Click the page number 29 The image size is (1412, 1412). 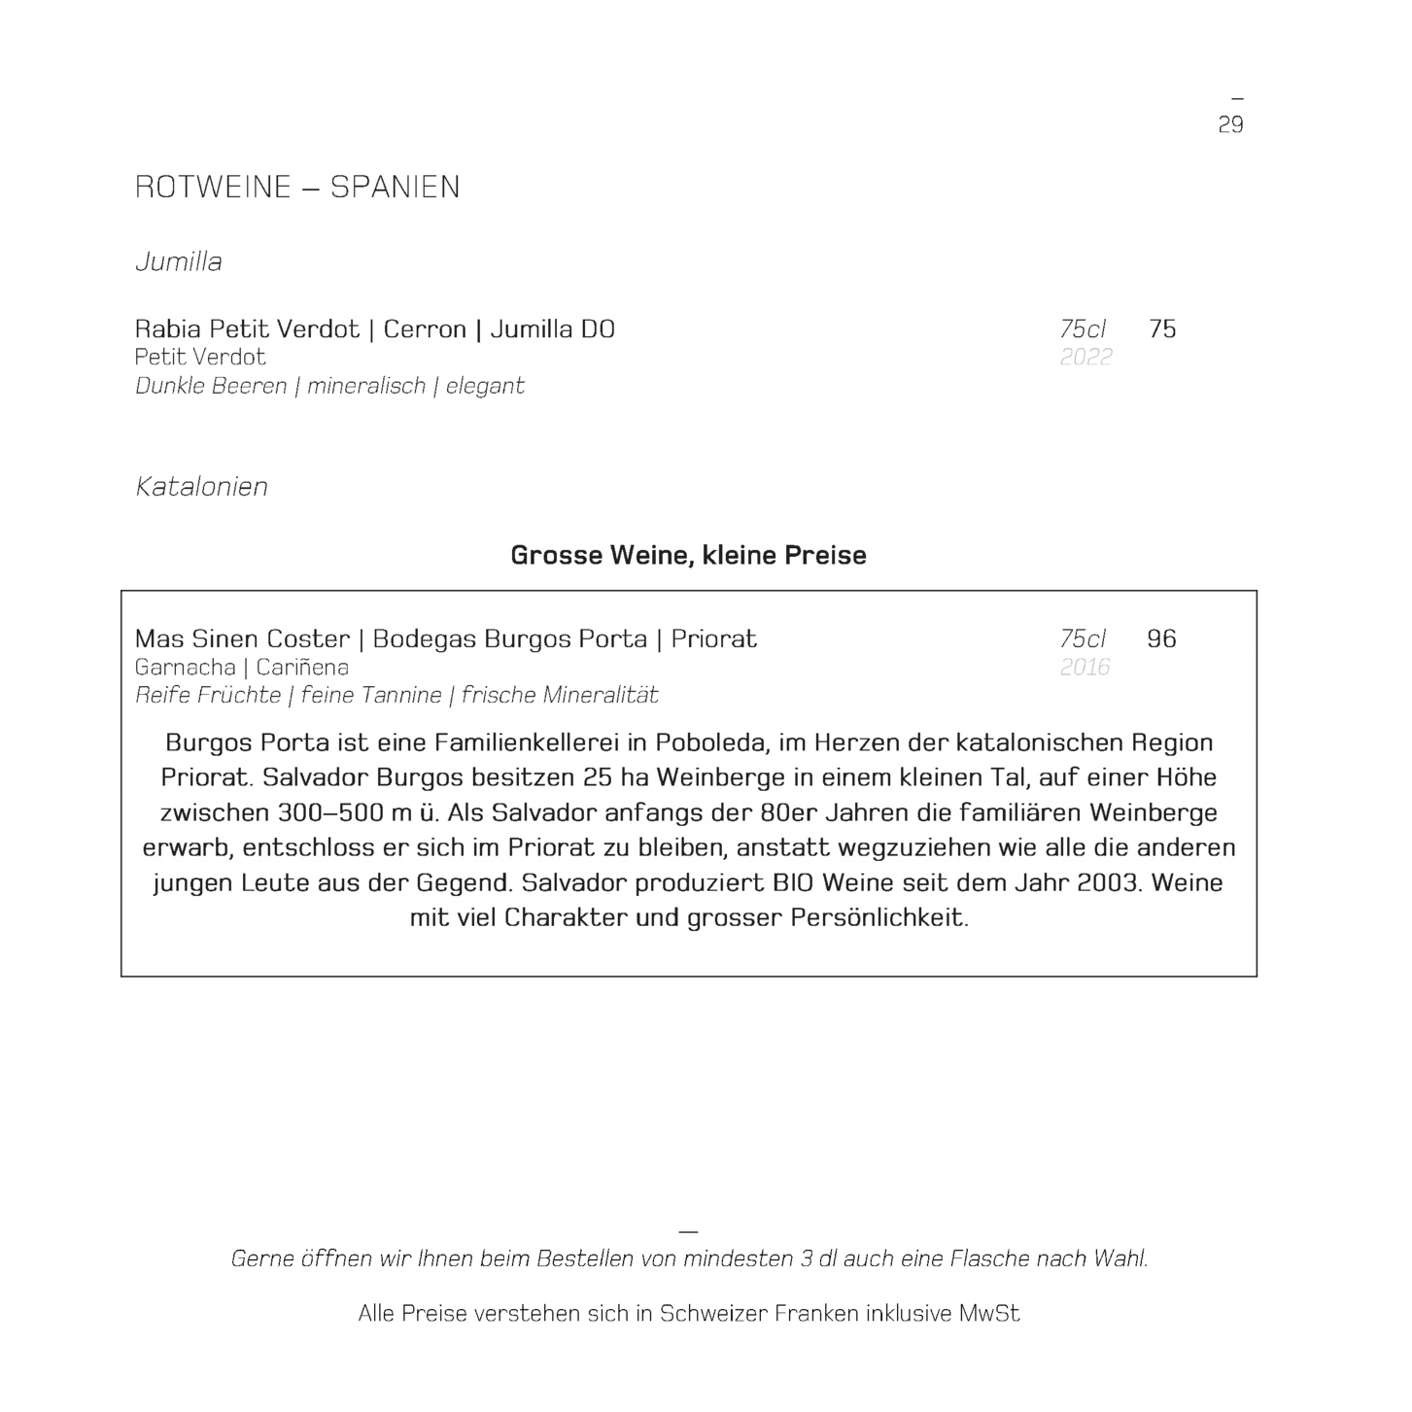(x=1230, y=124)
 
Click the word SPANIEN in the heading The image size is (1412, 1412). (x=395, y=187)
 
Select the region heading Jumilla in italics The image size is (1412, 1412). (x=179, y=261)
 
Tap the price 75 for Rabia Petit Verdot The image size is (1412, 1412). (x=1162, y=328)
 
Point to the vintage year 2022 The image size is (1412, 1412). (x=1085, y=357)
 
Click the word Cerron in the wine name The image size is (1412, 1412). (x=425, y=328)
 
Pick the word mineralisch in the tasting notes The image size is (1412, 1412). (x=366, y=386)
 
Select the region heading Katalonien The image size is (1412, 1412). (x=201, y=486)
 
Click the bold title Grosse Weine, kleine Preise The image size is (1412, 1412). (x=688, y=555)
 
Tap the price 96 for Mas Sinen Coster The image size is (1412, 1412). (x=1161, y=638)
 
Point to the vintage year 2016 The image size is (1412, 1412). (x=1085, y=667)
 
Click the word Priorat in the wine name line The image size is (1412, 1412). (x=713, y=638)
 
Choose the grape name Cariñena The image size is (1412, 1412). (x=302, y=667)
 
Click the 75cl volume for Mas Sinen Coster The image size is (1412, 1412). (x=1083, y=638)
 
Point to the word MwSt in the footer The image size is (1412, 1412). (x=989, y=1313)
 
